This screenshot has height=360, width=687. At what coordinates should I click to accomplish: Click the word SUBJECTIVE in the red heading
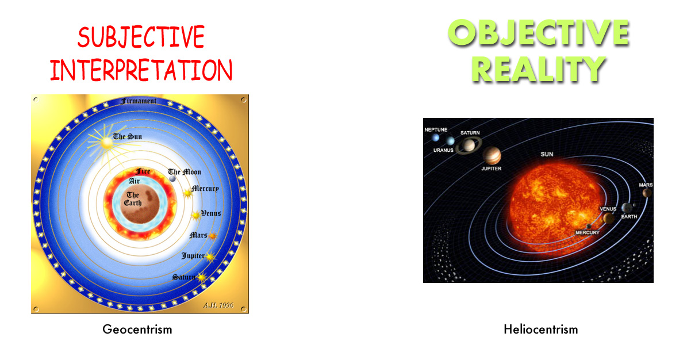pos(141,37)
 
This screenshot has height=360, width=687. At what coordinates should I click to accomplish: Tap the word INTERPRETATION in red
pos(141,70)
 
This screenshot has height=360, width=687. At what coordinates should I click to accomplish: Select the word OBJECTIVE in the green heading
pos(539,33)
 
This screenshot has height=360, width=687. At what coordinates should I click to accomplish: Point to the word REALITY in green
pos(539,69)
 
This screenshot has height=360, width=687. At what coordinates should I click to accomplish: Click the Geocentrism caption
pos(137,330)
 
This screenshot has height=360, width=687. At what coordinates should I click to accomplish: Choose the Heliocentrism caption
pos(540,330)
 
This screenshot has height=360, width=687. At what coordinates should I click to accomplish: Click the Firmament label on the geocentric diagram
pos(139,101)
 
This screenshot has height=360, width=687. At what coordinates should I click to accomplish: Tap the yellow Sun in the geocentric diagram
pos(106,142)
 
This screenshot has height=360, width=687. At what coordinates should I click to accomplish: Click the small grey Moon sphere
pos(172,179)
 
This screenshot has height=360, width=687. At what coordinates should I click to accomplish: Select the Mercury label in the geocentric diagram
pos(205,189)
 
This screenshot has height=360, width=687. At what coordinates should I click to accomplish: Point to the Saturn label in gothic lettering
pos(183,277)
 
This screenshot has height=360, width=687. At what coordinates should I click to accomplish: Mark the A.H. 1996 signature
pos(218,305)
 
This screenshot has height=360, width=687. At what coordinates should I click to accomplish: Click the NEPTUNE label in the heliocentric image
pos(436,130)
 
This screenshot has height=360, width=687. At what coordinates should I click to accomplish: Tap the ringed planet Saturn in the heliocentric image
pos(469,144)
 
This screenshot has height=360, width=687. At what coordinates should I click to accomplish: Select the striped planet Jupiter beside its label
pos(492,156)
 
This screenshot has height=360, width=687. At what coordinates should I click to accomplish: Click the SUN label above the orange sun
pos(547,154)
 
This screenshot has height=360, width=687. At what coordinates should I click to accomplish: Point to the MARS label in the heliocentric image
pos(646,185)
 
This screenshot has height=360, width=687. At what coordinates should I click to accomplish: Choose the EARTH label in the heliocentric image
pos(629,217)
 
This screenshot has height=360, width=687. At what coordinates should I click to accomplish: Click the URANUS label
pos(443,151)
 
